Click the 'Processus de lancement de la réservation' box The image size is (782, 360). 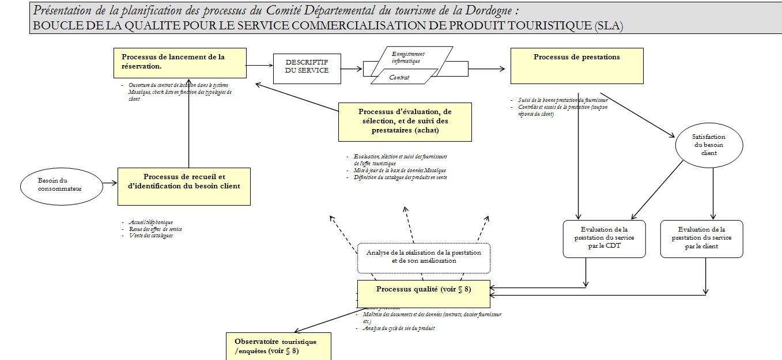(x=180, y=63)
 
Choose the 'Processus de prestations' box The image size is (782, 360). (x=576, y=66)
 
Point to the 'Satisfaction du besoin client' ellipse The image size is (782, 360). (x=708, y=145)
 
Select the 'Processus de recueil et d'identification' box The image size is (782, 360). (x=184, y=186)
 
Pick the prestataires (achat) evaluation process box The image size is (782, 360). (x=405, y=122)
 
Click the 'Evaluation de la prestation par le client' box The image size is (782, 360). (x=701, y=238)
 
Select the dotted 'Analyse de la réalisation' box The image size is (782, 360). (x=424, y=257)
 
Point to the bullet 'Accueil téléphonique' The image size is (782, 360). (x=151, y=222)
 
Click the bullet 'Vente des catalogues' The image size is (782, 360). (x=150, y=235)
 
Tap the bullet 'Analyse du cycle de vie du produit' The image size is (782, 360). (x=399, y=328)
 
